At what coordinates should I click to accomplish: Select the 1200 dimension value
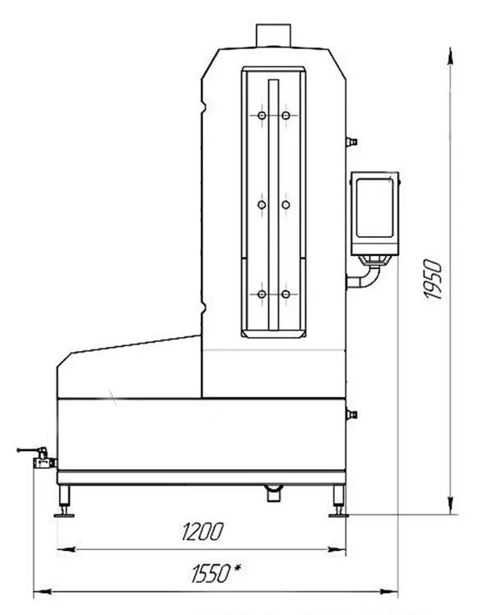pos(200,531)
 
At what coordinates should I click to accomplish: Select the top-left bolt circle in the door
pos(261,116)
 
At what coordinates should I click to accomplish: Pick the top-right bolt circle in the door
pos(286,116)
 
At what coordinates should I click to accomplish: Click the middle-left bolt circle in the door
pos(261,203)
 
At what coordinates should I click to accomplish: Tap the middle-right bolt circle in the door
pos(286,203)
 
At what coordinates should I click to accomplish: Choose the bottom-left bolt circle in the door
pos(261,294)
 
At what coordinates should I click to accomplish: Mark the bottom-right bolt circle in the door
pos(286,294)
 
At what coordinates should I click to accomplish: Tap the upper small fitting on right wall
pos(352,142)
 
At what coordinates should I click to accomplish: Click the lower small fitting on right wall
pos(352,416)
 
